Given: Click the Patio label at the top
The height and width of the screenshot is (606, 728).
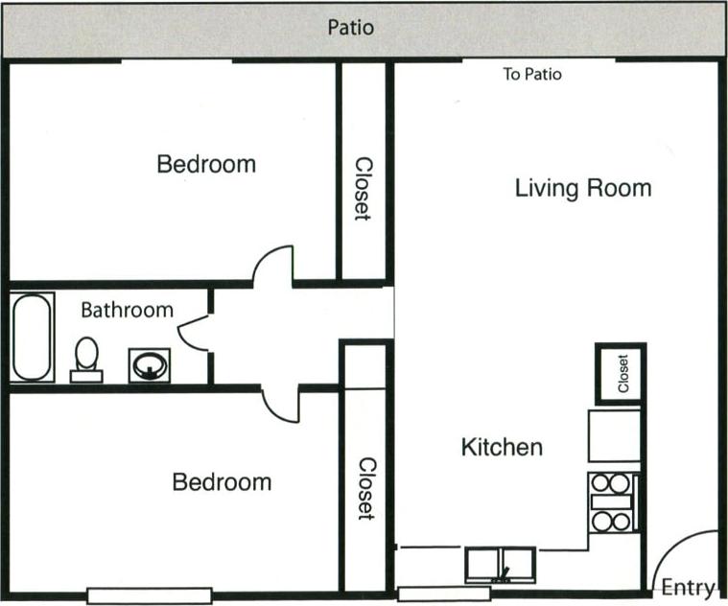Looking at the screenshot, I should point(351,27).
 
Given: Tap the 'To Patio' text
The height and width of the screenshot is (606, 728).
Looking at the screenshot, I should point(532,74).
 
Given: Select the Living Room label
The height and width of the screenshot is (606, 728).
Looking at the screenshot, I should point(583,188).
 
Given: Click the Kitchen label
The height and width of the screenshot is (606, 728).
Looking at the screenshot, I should point(502,447).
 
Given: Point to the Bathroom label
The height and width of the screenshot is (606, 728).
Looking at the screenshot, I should point(127,310).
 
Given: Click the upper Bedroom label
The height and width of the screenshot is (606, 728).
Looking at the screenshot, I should point(206,164).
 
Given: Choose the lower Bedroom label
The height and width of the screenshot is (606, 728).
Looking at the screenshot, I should point(222,481).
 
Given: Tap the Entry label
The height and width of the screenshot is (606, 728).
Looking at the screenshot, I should point(688,588).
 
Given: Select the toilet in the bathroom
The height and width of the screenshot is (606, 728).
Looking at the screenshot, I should point(86,358).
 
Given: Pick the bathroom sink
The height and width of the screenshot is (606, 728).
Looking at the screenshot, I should point(149,364).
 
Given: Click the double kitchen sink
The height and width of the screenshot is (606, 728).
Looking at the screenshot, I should point(500,564).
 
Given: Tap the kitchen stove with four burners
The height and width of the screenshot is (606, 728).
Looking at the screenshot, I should point(611,501).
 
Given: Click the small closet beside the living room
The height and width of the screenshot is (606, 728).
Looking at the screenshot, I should point(620,373).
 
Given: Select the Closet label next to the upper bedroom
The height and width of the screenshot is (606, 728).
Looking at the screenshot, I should point(363,189).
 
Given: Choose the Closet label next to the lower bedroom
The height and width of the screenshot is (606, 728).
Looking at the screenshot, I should point(365,488).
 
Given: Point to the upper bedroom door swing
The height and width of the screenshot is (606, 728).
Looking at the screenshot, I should point(272,266).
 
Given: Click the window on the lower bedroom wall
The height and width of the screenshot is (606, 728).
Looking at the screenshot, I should point(134,594).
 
